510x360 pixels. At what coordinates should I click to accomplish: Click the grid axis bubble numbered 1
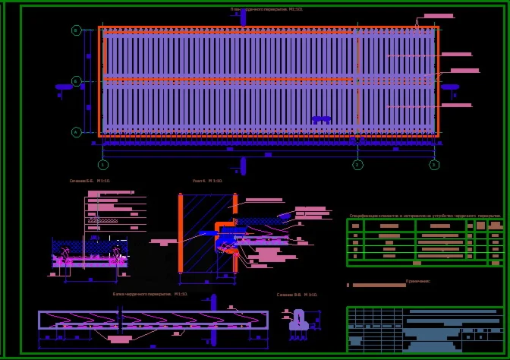[x=103, y=165]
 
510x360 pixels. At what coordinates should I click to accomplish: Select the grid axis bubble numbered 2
[x=358, y=165]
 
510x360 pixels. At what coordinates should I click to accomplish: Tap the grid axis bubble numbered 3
[x=434, y=165]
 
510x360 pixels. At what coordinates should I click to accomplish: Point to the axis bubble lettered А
[x=77, y=132]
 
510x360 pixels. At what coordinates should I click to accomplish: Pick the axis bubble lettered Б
[x=77, y=81]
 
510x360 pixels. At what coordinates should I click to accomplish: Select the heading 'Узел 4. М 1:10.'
[x=207, y=181]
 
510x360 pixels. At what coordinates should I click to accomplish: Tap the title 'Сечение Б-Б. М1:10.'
[x=90, y=181]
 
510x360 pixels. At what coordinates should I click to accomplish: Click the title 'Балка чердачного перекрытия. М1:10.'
[x=150, y=294]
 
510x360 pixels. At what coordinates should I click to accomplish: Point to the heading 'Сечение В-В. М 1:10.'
[x=297, y=295]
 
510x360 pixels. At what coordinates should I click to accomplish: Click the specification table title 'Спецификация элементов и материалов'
[x=424, y=216]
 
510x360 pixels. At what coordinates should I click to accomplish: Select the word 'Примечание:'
[x=417, y=281]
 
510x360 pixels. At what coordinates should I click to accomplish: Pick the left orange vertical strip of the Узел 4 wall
[x=181, y=233]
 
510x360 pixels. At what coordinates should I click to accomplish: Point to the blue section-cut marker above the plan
[x=243, y=17]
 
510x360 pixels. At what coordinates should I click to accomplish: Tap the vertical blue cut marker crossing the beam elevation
[x=213, y=319]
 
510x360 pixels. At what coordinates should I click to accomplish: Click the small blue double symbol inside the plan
[x=321, y=119]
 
